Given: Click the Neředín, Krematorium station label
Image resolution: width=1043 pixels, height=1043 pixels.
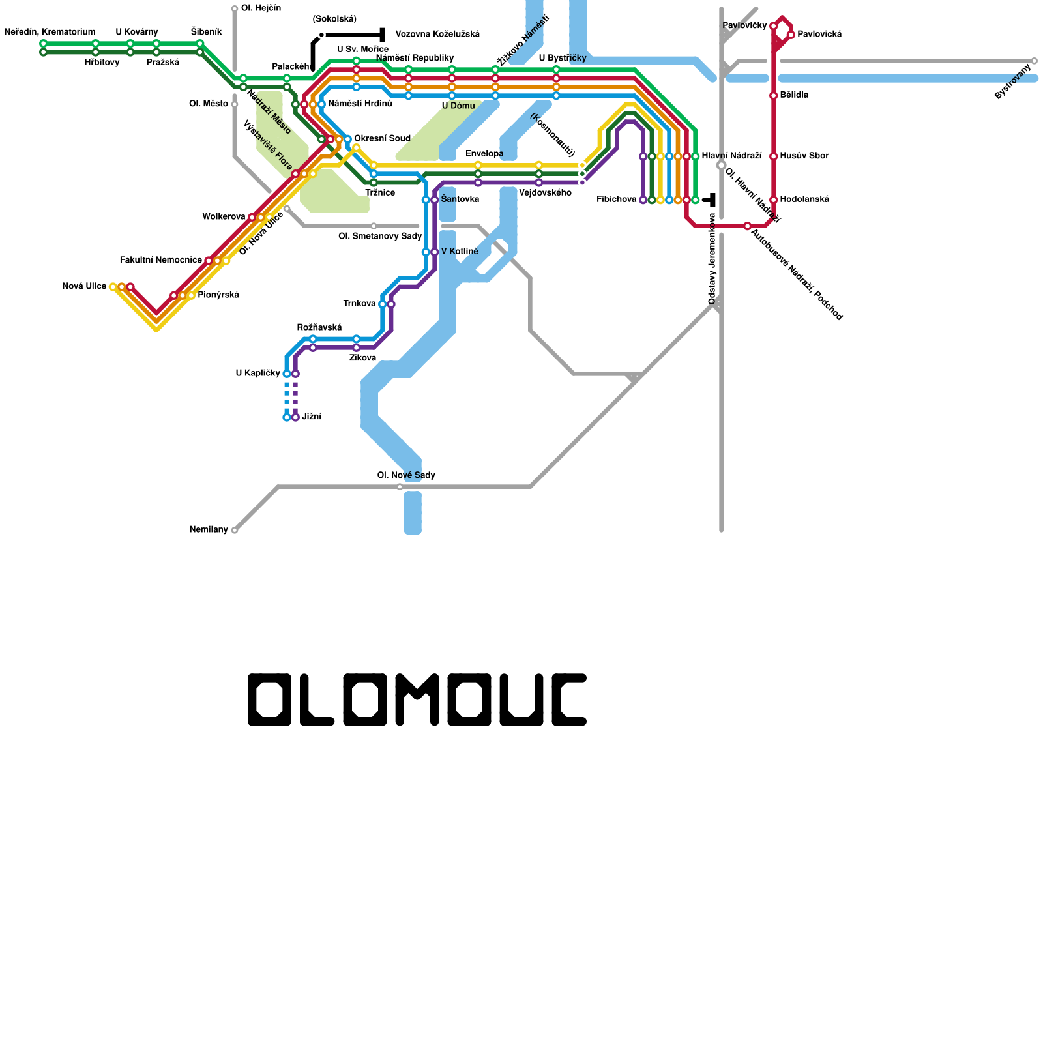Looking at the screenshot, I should (50, 32).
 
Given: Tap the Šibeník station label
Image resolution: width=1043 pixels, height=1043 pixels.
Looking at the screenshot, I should (206, 32).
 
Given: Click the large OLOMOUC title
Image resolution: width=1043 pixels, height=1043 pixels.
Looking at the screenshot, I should (417, 700).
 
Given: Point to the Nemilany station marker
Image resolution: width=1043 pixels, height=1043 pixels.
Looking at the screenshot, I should (235, 531).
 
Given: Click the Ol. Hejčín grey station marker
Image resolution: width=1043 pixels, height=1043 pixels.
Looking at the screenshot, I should (235, 9).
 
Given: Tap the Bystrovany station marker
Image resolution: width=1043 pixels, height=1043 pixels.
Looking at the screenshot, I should (1034, 61).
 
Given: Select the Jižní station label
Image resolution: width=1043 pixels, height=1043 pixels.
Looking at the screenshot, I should (312, 417).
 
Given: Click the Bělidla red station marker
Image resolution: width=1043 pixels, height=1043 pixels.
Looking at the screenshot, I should (773, 96).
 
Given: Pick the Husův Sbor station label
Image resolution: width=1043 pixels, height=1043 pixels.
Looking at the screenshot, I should (804, 156).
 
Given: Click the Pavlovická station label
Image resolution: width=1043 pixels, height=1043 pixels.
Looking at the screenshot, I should (819, 35).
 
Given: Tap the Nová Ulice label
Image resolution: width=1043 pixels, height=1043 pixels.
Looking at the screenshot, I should (84, 286).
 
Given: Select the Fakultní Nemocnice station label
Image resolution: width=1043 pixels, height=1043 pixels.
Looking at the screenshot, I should (161, 261).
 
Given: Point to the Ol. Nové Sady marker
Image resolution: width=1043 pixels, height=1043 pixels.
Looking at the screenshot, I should (400, 487).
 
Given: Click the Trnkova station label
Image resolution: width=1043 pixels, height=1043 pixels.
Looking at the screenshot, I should (359, 304).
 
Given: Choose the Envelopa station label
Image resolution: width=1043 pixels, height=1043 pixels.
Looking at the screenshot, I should (484, 154).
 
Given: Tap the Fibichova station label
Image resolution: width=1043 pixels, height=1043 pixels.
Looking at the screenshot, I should (616, 199).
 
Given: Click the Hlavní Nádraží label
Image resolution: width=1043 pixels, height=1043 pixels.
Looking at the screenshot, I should (731, 156).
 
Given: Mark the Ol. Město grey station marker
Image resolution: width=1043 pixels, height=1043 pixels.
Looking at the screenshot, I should (235, 104).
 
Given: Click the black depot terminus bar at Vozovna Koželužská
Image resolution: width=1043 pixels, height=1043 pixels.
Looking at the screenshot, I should (382, 35).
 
